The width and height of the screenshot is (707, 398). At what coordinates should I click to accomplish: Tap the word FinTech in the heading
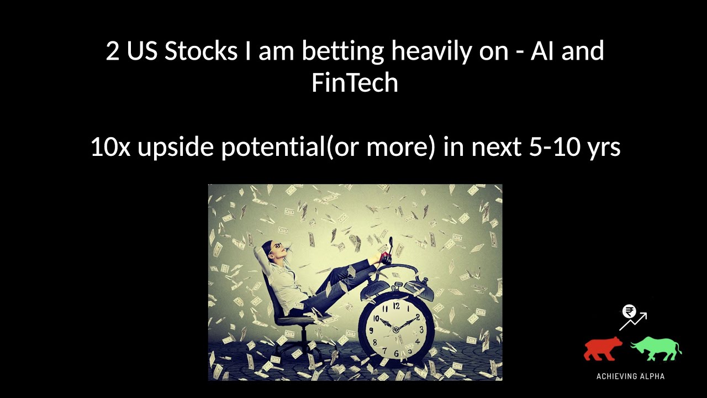coord(355,83)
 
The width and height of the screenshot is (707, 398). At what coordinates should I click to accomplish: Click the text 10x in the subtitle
coord(110,148)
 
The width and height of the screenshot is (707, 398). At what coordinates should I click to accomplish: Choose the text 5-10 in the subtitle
coord(552,148)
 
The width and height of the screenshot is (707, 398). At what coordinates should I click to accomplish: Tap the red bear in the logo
coord(603,348)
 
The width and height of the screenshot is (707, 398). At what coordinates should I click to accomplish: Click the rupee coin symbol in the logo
coord(628,312)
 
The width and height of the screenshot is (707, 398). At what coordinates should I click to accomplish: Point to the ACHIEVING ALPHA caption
coord(630,376)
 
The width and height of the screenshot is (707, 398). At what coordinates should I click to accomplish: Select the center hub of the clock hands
coord(396,329)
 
